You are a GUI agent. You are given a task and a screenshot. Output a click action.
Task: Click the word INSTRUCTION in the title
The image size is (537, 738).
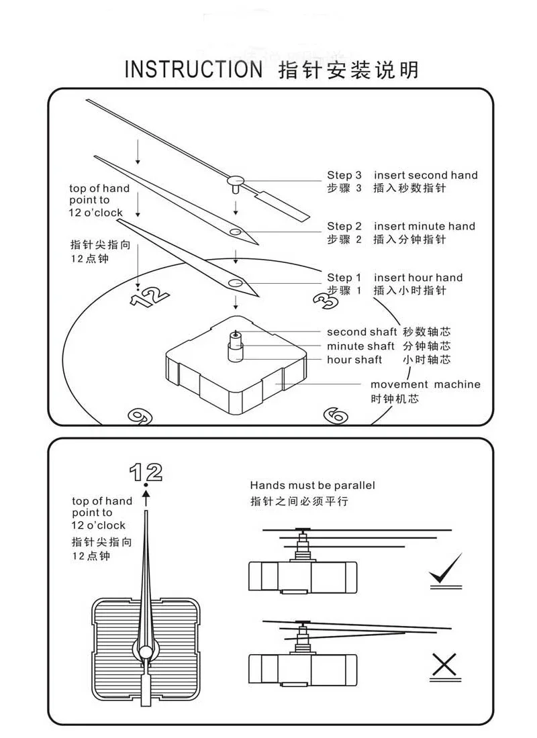194,70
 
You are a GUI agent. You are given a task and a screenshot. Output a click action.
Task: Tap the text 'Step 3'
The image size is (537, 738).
344,175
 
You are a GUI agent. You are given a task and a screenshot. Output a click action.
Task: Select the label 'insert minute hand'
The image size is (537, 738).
424,226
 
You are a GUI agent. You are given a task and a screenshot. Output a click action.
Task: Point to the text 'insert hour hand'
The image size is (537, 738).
418,277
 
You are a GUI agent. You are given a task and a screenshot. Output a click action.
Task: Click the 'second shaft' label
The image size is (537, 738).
361,331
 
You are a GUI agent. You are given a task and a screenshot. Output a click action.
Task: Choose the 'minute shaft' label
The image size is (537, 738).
360,346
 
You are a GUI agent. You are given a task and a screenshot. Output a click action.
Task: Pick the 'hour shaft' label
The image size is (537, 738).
354,360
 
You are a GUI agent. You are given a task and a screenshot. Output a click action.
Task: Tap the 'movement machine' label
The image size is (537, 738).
426,384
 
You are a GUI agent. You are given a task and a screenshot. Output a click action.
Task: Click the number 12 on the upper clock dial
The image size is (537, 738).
149,296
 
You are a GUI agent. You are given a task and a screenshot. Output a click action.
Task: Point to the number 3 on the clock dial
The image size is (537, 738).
326,301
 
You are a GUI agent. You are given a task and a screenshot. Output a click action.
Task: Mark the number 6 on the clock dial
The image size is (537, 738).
336,415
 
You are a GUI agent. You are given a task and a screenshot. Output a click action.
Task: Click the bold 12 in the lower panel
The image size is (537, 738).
146,472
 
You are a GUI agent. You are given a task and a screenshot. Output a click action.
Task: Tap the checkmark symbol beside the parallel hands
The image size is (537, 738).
445,569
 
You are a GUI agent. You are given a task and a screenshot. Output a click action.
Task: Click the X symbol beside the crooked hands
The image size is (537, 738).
444,665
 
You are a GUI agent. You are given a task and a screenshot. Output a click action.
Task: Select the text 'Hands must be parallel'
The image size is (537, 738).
312,485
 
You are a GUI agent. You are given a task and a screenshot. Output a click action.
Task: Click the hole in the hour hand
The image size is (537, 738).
236,282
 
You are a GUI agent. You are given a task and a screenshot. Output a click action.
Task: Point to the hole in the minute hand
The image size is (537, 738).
235,231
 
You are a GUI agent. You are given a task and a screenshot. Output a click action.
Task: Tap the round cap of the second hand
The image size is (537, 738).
236,179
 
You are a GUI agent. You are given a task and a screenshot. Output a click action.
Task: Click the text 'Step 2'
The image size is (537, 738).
344,226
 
